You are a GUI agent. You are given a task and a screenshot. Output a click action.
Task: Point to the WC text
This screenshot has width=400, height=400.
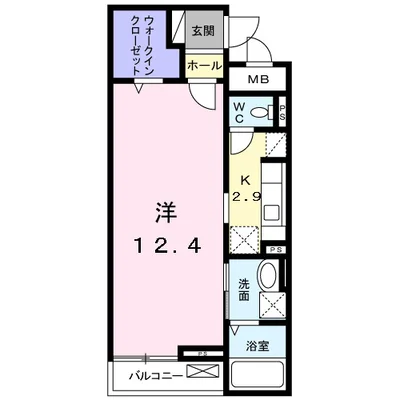[x=240, y=110]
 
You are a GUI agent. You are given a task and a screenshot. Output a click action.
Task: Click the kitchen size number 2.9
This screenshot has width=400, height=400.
[x=244, y=197]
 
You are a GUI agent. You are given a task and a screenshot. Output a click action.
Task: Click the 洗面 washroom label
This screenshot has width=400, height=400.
[x=243, y=289]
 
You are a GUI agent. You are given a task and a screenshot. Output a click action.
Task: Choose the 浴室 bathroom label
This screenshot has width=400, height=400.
[x=257, y=346]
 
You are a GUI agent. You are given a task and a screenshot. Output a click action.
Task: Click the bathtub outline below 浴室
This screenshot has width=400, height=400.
[x=257, y=377]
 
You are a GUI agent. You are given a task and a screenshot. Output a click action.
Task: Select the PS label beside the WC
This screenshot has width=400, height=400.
[x=283, y=111]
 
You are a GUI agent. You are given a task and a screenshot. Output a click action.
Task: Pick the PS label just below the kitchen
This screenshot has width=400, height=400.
[x=275, y=249]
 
